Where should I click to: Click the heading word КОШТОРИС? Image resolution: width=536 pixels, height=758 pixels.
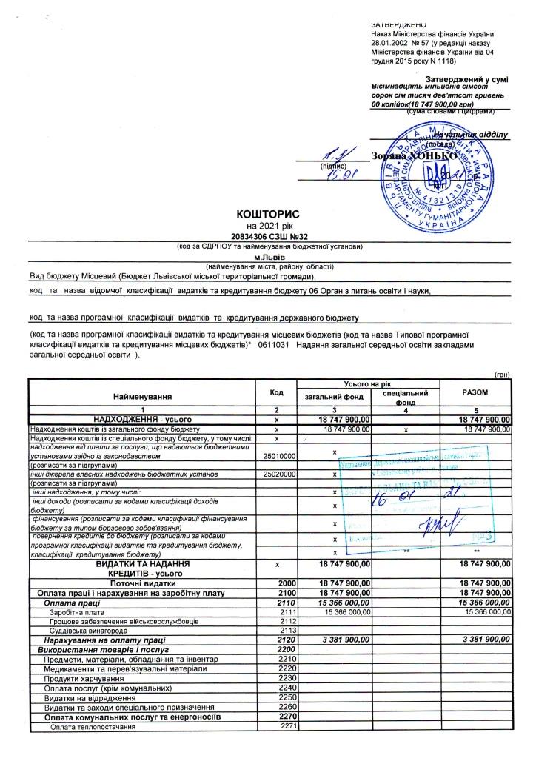coord(267,215)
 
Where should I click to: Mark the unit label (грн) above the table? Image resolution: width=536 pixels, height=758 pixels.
coord(503,375)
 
